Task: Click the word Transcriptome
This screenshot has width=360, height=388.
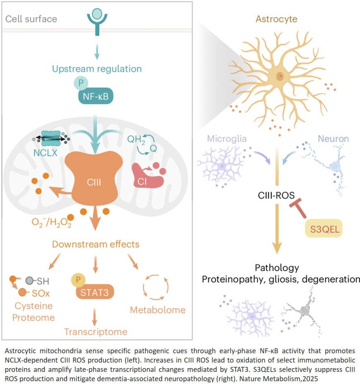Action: (x=95, y=332)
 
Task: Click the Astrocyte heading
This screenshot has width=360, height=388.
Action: (x=276, y=19)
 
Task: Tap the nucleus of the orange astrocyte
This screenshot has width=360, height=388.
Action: (x=280, y=76)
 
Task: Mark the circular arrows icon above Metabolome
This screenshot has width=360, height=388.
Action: (x=156, y=286)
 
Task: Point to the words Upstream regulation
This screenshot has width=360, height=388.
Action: (x=97, y=68)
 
